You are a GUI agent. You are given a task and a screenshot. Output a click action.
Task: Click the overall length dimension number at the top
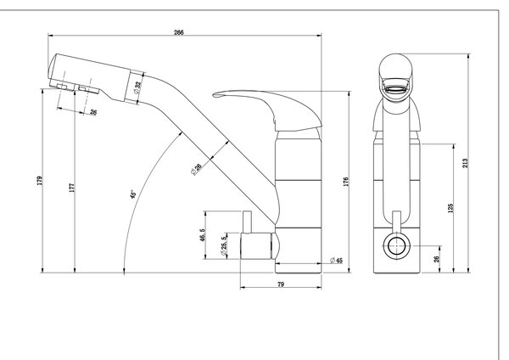[x=179, y=32]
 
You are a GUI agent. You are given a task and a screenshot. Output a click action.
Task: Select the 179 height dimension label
[x=40, y=181]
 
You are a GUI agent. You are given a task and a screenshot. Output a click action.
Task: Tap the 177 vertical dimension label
[x=72, y=188]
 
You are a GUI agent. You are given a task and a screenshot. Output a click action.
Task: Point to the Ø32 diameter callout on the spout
[x=138, y=87]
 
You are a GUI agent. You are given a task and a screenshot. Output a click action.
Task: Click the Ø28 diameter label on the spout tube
[x=197, y=169]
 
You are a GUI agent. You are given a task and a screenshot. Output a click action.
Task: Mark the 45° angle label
[x=133, y=194]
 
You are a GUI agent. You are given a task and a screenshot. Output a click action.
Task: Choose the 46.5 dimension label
[x=203, y=235]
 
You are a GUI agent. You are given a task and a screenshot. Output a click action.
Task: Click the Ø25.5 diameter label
[x=224, y=245]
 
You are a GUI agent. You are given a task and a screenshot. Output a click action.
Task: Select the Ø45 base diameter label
[x=336, y=261]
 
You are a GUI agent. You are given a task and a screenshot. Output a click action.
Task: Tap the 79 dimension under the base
[x=281, y=284]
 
